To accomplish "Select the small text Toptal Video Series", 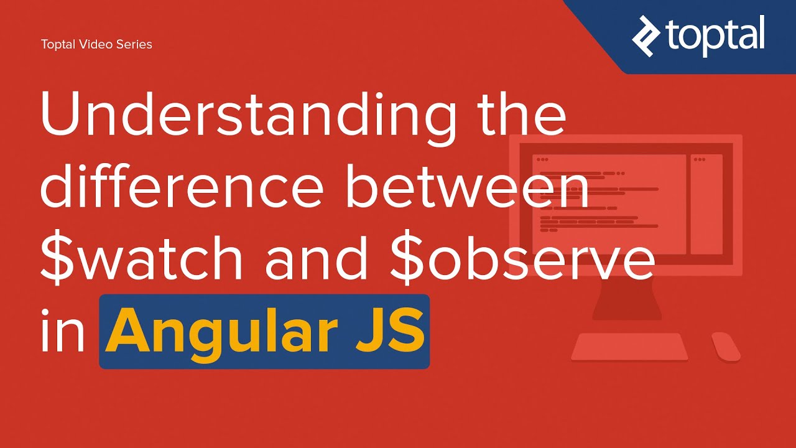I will pyautogui.click(x=96, y=44).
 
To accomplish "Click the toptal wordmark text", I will pyautogui.click(x=715, y=35).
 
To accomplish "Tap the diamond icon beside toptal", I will pyautogui.click(x=647, y=35).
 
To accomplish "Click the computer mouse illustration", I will pyautogui.click(x=725, y=346).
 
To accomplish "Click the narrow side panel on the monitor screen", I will pyautogui.click(x=706, y=204).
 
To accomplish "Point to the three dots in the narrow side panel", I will pyautogui.click(x=700, y=160).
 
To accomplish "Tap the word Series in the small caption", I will pyautogui.click(x=134, y=44).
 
